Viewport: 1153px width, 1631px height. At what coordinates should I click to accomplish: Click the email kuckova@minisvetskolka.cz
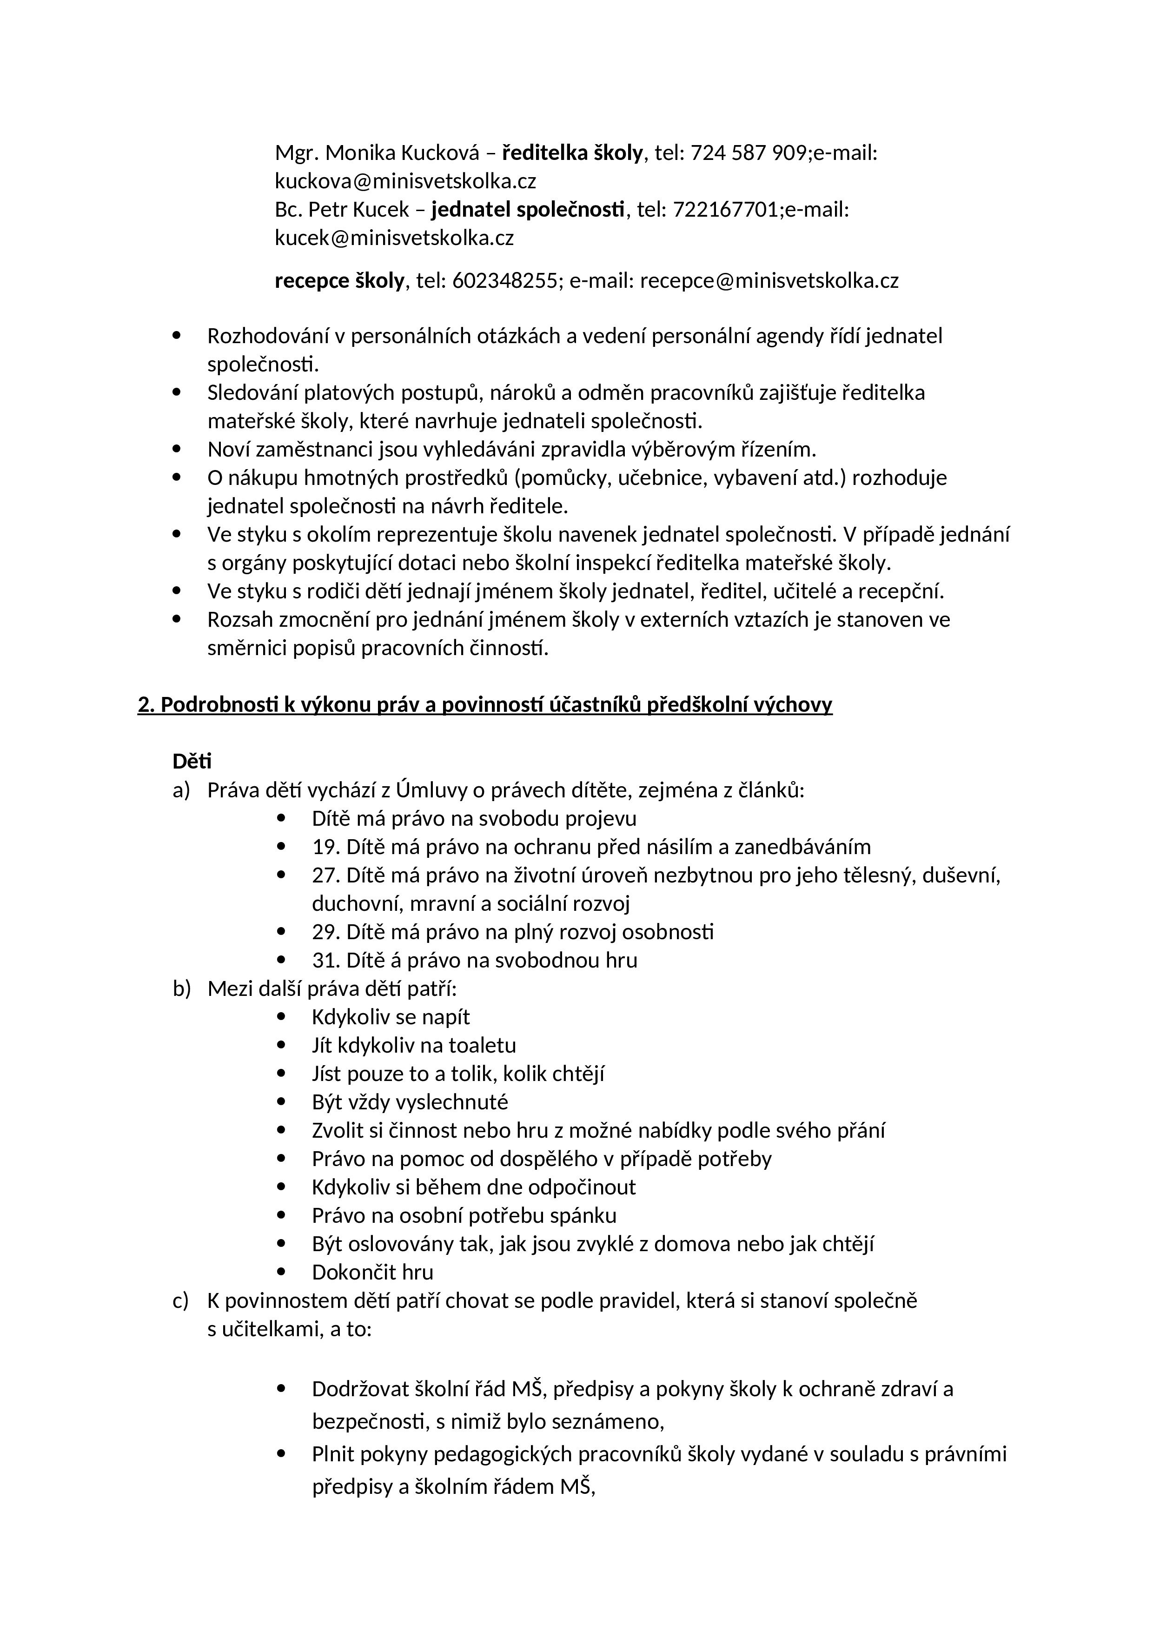point(405,181)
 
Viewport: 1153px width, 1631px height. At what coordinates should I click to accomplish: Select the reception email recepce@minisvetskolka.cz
point(769,281)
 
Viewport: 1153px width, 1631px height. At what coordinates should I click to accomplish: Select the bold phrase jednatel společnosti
point(529,210)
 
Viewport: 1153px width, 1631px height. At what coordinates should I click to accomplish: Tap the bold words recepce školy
point(339,281)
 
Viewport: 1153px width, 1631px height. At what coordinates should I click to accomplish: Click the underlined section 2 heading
point(484,705)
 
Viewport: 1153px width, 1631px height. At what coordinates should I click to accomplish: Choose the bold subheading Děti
point(192,762)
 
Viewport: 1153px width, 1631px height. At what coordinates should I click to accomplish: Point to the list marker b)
point(182,989)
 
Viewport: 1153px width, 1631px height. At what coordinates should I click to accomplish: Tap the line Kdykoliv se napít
point(391,1017)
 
